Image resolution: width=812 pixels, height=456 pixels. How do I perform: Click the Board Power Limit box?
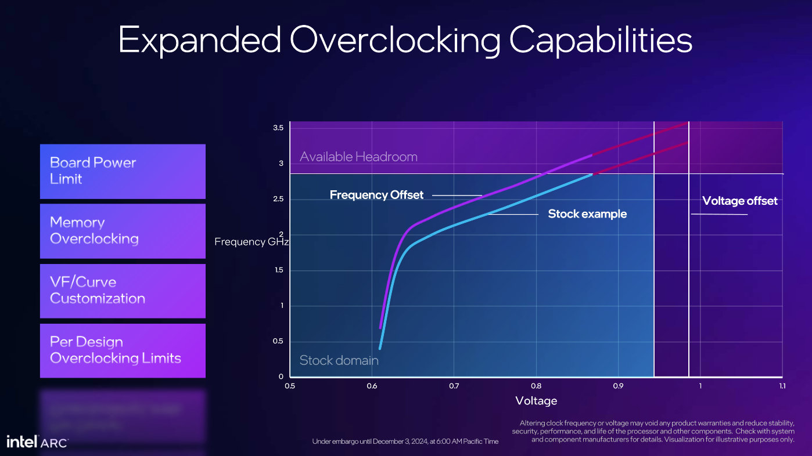[x=123, y=171]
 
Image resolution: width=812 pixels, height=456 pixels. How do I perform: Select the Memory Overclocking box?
[x=123, y=231]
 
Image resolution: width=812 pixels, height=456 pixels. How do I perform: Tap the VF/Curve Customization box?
[x=123, y=291]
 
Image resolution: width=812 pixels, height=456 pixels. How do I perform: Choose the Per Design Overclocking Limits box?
[x=123, y=350]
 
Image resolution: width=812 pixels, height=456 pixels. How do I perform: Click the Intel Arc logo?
[x=37, y=441]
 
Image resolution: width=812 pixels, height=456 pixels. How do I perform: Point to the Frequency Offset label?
[x=376, y=195]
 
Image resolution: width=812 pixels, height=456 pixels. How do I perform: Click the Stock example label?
[x=587, y=214]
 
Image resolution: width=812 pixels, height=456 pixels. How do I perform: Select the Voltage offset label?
[x=739, y=201]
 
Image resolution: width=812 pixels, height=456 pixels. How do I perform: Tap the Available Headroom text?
[x=358, y=157]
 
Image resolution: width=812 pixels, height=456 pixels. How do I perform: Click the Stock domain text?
[x=339, y=360]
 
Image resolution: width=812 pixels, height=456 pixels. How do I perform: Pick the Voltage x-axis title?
[x=536, y=400]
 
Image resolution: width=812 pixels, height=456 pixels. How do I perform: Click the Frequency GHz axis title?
[x=251, y=241]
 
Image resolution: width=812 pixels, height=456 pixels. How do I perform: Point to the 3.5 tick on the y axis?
[x=278, y=128]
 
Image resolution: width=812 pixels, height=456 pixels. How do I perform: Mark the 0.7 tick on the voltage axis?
[x=454, y=386]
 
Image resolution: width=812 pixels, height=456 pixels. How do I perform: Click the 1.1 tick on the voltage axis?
[x=782, y=386]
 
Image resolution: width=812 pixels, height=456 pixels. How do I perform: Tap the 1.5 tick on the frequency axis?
[x=278, y=270]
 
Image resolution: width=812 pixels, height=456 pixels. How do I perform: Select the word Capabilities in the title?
[x=601, y=40]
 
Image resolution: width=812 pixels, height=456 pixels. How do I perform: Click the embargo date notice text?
[x=405, y=441]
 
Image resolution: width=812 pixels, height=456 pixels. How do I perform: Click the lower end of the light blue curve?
[x=380, y=348]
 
